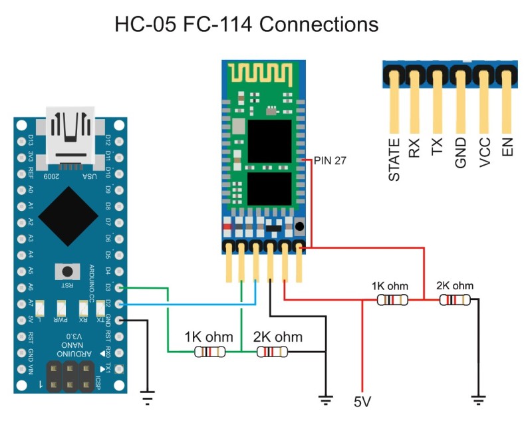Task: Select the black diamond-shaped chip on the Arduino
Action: (x=70, y=212)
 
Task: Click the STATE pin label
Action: (x=394, y=160)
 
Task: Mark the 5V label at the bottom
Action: (x=363, y=403)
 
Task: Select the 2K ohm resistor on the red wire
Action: (x=455, y=300)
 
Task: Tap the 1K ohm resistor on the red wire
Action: (x=391, y=300)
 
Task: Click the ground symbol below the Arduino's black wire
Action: (x=147, y=399)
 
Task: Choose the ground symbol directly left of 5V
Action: (x=325, y=399)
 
